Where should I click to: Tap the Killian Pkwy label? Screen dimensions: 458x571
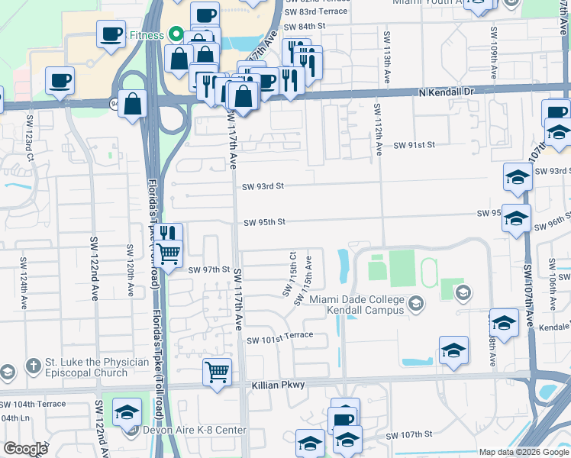coord(278,386)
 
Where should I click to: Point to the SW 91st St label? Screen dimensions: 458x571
coord(414,145)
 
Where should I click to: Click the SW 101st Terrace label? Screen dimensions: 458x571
coord(279,336)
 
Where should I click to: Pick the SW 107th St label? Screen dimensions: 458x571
coord(409,435)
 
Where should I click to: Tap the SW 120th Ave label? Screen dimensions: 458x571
coord(131,271)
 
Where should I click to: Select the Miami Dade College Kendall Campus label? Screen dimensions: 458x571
coord(357,305)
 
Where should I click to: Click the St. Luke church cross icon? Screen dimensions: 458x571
coord(32,366)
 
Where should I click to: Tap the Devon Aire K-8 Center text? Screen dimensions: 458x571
coord(195,430)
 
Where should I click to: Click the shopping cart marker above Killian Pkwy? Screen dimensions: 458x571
coord(218,373)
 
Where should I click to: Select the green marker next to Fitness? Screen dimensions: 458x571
coord(175,35)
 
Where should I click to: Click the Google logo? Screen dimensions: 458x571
coord(25,449)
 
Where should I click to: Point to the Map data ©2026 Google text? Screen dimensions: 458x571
coord(524,452)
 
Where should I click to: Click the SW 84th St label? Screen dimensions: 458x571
coord(306,26)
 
